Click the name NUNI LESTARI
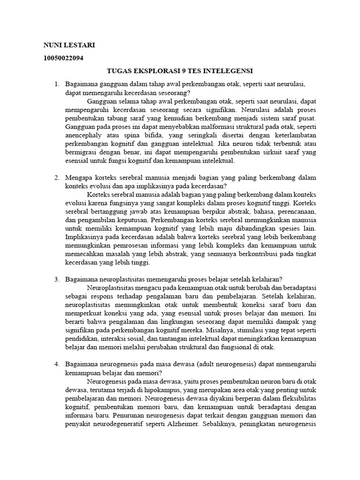pyautogui.click(x=69, y=45)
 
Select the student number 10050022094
pyautogui.click(x=64, y=58)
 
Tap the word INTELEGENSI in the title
pyautogui.click(x=227, y=71)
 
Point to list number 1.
pyautogui.click(x=56, y=84)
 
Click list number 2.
pyautogui.click(x=56, y=178)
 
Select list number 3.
pyautogui.click(x=56, y=280)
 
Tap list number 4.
pyautogui.click(x=56, y=364)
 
